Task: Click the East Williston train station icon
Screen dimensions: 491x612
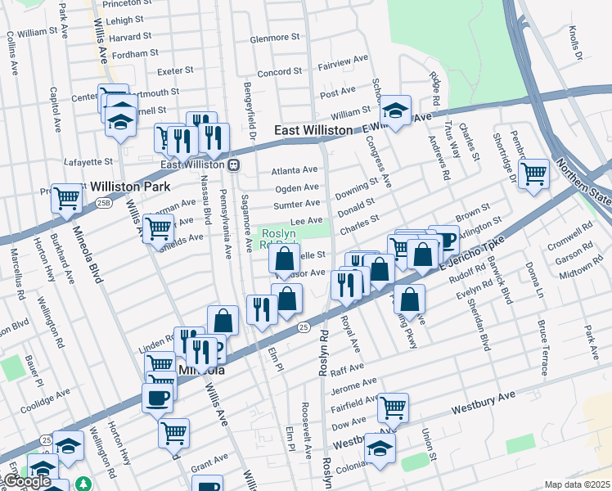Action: tap(234, 164)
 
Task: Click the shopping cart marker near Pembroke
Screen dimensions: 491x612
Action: tap(533, 173)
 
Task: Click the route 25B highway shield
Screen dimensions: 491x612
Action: tap(103, 202)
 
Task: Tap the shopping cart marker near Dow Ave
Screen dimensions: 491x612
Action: tap(393, 407)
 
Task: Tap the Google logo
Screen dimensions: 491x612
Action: tap(27, 481)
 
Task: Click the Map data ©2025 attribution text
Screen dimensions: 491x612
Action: tap(576, 484)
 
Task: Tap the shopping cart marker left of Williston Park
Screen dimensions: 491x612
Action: tap(66, 197)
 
